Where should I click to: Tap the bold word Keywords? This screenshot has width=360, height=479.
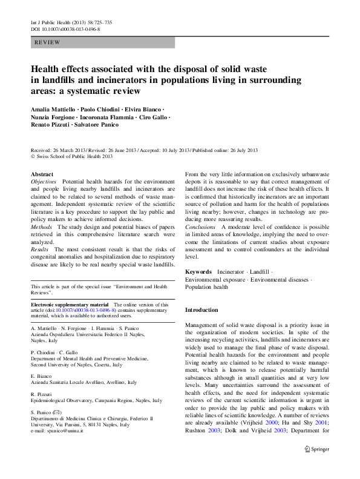click(198, 273)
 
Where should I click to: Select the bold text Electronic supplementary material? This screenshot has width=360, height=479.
click(70, 304)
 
